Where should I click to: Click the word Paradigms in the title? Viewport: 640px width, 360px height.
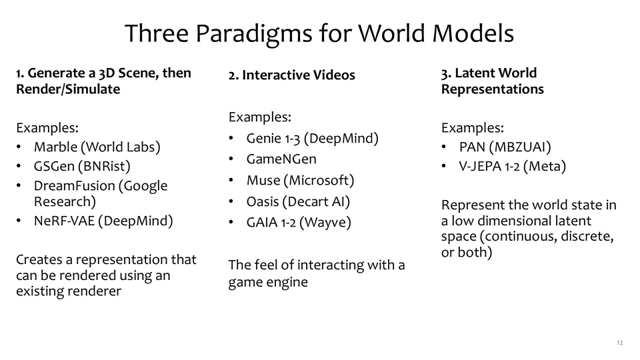pos(253,33)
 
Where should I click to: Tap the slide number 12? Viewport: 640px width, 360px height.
pos(619,343)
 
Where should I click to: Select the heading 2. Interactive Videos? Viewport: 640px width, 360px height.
pos(291,75)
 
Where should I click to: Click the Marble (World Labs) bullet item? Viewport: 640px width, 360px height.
pos(97,147)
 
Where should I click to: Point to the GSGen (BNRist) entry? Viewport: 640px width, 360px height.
pos(82,166)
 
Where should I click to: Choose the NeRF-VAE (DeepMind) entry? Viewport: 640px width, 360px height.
pos(103,221)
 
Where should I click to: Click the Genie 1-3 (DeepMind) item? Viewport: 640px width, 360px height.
pos(312,139)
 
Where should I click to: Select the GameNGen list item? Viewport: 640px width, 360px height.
pos(281,159)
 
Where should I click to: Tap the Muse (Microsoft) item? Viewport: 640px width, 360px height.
pos(300,181)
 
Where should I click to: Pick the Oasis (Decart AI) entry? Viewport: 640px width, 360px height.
pos(298,201)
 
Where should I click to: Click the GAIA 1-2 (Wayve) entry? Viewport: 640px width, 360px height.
pos(299,223)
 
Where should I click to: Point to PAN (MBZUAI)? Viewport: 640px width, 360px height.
pos(505,147)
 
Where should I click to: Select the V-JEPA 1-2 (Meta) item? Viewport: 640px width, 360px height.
pos(512,166)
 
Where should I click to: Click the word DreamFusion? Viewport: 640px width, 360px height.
pos(74,186)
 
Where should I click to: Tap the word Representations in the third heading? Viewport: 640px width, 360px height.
pos(492,89)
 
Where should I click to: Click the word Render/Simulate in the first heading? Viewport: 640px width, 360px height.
pos(68,89)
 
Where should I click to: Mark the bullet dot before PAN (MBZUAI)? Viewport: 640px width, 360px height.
pos(444,147)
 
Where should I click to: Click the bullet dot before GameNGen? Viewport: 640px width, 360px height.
pos(231,159)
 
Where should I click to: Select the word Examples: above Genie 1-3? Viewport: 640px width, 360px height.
pos(259,117)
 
